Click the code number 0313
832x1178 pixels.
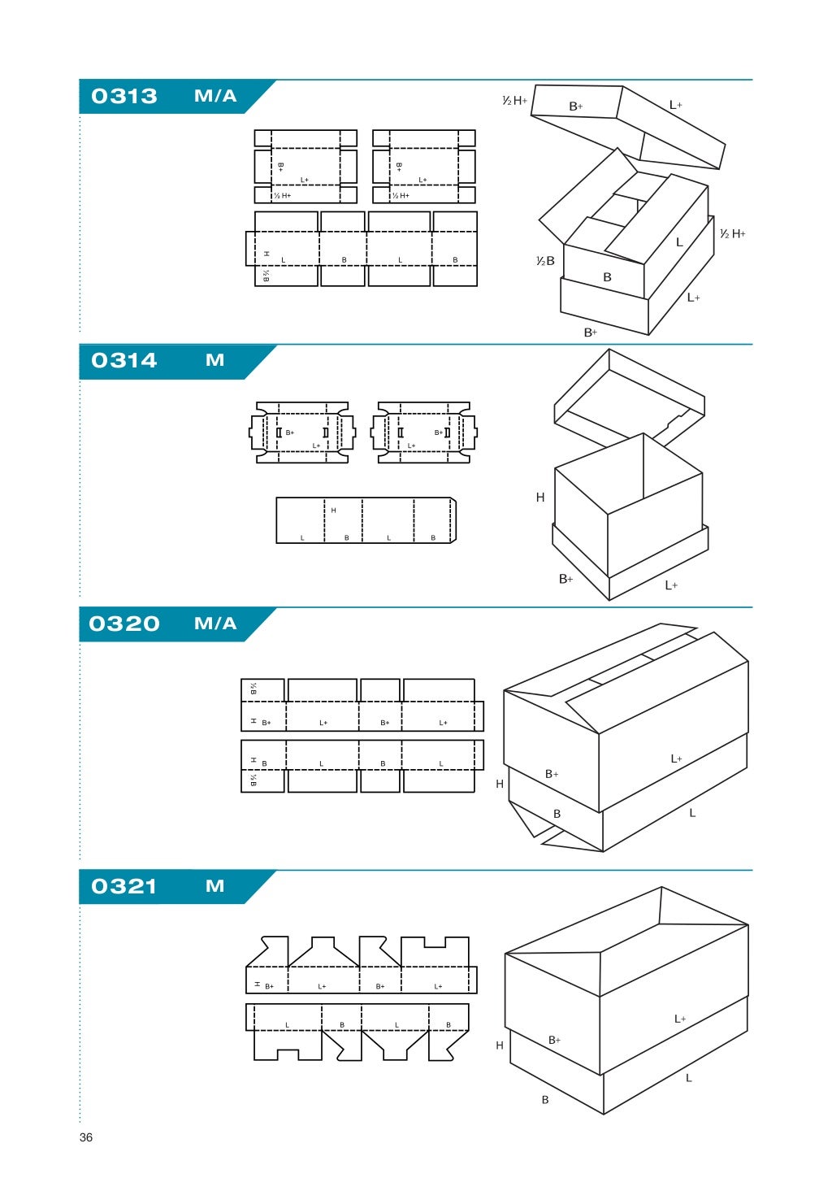[124, 96]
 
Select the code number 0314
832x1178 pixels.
[124, 360]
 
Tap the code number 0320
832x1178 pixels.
[124, 624]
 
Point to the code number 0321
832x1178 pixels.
[124, 886]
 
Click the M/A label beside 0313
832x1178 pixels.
[215, 96]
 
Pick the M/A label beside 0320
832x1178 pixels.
[215, 624]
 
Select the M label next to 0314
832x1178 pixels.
[214, 360]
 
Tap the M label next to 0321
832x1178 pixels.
[214, 886]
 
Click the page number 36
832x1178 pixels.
[86, 1137]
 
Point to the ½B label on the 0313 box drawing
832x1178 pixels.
[545, 261]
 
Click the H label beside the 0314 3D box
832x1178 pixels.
[540, 498]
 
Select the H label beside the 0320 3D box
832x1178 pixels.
[500, 785]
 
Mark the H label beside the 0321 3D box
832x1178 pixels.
[500, 1045]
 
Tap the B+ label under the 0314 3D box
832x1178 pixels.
[566, 579]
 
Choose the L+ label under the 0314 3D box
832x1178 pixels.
[671, 585]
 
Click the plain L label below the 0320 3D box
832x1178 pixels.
[692, 813]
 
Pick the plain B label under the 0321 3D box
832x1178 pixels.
[545, 1100]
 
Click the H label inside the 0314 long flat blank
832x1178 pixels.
[333, 511]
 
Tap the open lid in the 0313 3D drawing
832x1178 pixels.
[627, 126]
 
